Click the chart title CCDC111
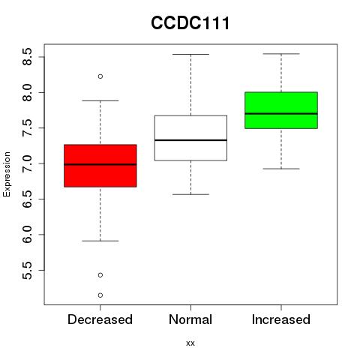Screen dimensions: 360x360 (x=190, y=23)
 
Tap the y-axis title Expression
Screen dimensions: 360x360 (x=7, y=174)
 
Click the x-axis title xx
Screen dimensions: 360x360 (x=190, y=343)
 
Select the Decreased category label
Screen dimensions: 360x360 (x=100, y=319)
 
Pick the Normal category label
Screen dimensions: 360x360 (x=190, y=319)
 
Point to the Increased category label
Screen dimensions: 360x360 (x=281, y=319)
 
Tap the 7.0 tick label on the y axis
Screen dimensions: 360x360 (x=27, y=163)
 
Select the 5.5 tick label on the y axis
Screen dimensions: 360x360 (x=27, y=271)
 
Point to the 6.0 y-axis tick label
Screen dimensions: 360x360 (x=27, y=235)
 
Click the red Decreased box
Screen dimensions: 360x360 (x=100, y=166)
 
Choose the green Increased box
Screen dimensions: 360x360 (x=281, y=110)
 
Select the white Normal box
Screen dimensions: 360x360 (x=190, y=138)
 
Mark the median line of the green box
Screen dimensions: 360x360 (x=281, y=113)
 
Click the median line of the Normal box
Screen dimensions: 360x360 (x=190, y=140)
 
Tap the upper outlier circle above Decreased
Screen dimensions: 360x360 (x=100, y=76)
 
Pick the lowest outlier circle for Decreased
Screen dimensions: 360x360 (x=100, y=295)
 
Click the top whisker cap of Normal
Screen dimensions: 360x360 (x=190, y=54)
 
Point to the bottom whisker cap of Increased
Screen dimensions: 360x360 (x=281, y=169)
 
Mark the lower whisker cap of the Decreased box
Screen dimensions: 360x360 (x=100, y=241)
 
